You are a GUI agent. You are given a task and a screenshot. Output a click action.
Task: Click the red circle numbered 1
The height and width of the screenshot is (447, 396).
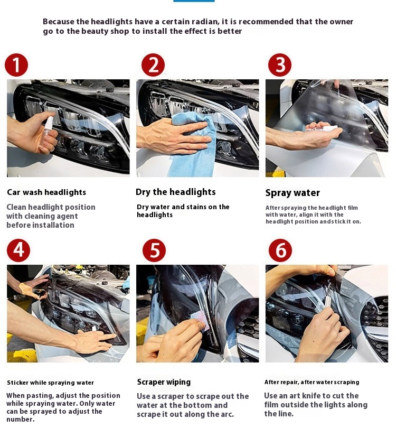16,65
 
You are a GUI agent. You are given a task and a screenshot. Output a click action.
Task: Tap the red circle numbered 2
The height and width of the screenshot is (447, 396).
153,65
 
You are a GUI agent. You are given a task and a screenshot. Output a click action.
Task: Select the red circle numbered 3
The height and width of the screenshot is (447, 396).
280,65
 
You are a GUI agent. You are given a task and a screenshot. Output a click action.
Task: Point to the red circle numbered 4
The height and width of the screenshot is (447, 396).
18,250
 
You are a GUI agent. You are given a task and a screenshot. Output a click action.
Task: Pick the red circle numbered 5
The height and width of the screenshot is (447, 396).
154,250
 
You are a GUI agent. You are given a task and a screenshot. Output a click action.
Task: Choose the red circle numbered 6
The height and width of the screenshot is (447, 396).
280,250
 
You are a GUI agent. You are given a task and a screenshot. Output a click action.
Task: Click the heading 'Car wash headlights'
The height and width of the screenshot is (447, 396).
46,192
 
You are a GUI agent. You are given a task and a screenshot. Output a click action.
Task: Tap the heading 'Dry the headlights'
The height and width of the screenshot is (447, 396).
175,192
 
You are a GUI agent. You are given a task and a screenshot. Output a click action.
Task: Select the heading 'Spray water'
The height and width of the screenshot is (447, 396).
293,193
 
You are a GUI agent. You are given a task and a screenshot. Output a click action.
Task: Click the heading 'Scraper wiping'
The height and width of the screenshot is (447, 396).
164,382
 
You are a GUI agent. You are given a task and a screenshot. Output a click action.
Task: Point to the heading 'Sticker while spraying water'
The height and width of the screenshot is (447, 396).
51,383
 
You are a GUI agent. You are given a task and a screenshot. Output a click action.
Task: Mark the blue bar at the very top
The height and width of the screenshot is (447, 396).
194,1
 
